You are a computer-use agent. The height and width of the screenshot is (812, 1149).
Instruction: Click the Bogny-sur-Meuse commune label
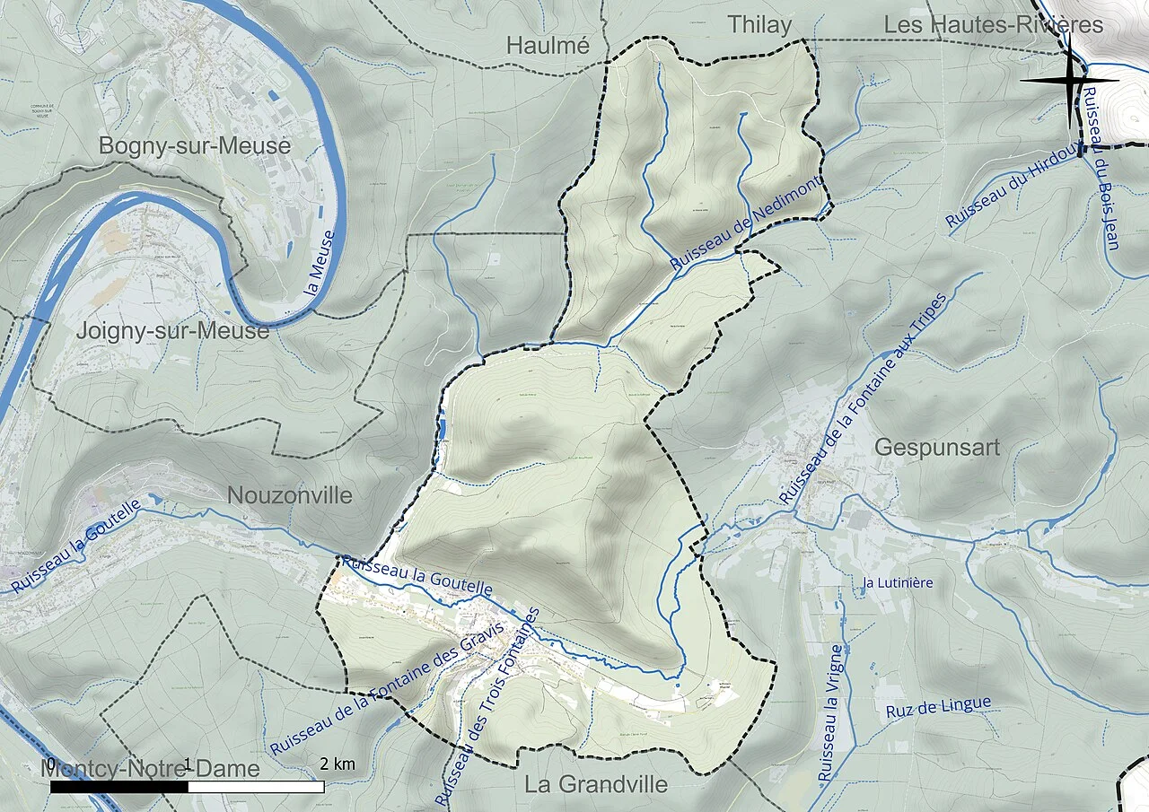(x=195, y=145)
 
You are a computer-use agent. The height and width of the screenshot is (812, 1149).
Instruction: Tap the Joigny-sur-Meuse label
(x=172, y=331)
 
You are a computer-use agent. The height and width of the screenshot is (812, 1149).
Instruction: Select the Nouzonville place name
(x=290, y=495)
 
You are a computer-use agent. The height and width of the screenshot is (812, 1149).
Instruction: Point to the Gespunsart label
(x=937, y=448)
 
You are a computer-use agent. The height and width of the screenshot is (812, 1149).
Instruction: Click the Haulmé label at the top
(x=548, y=45)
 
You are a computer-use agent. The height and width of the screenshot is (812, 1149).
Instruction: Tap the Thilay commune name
(x=759, y=25)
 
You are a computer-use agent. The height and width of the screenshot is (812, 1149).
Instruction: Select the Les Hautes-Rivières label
(x=993, y=25)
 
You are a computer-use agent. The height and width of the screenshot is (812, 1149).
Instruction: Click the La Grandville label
(x=596, y=784)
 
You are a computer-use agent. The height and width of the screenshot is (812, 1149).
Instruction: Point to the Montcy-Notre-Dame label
(x=151, y=769)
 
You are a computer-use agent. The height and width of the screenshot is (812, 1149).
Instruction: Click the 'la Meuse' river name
(x=320, y=265)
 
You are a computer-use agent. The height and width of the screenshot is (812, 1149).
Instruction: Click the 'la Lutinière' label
(x=897, y=583)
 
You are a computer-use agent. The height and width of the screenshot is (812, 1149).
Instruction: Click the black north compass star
(x=1070, y=81)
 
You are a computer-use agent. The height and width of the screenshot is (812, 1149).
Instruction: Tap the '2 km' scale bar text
(x=338, y=764)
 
